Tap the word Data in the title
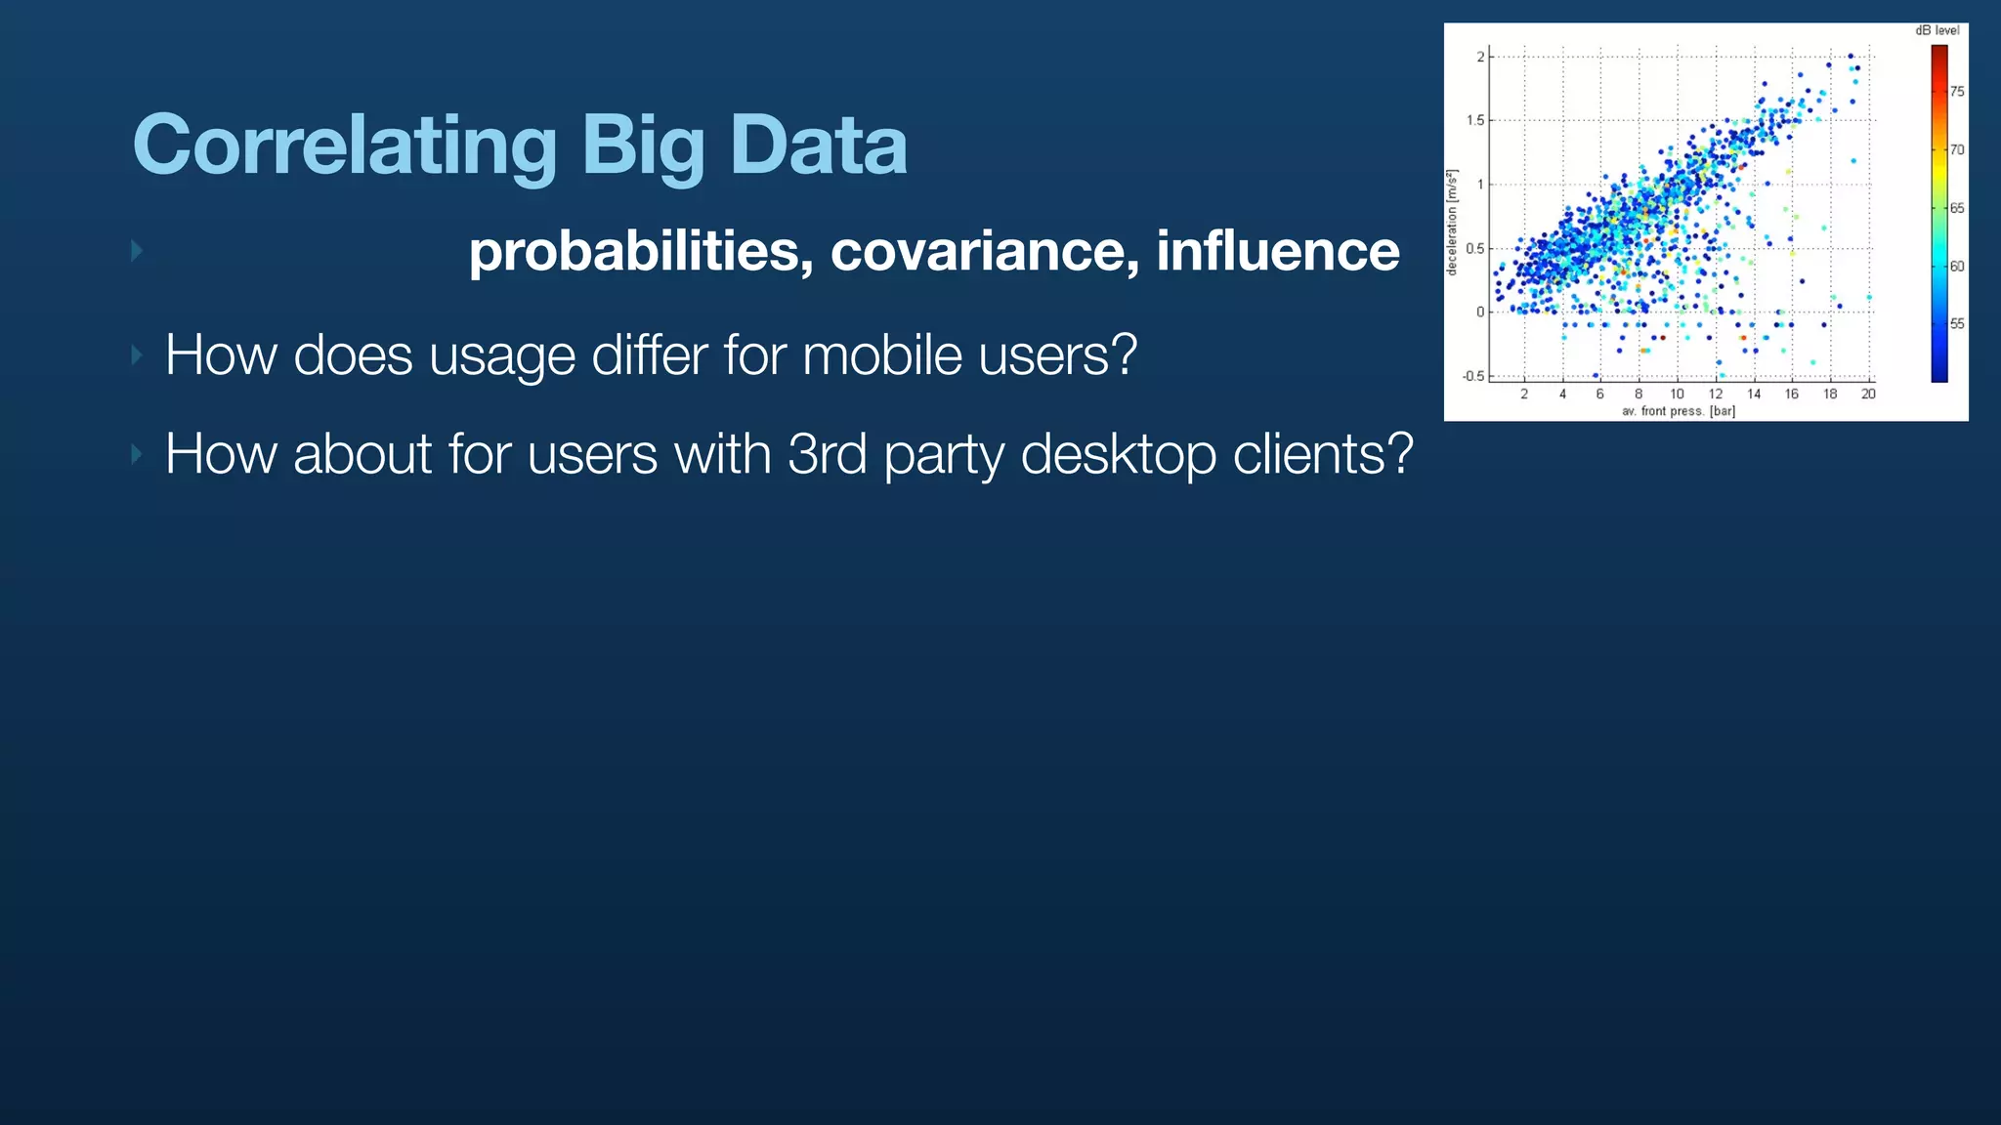pos(818,145)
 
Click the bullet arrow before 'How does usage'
pos(137,354)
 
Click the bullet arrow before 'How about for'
pos(137,454)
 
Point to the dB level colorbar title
pos(1937,30)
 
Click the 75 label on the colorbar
pos(1957,92)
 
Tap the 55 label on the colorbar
pos(1957,324)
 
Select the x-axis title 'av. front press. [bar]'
pos(1679,411)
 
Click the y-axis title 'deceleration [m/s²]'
pos(1453,223)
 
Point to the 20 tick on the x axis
pos(1868,395)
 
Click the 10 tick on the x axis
pos(1677,395)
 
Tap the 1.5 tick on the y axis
pos(1474,121)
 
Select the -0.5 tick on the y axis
pos(1472,377)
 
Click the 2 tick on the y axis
pos(1480,57)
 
